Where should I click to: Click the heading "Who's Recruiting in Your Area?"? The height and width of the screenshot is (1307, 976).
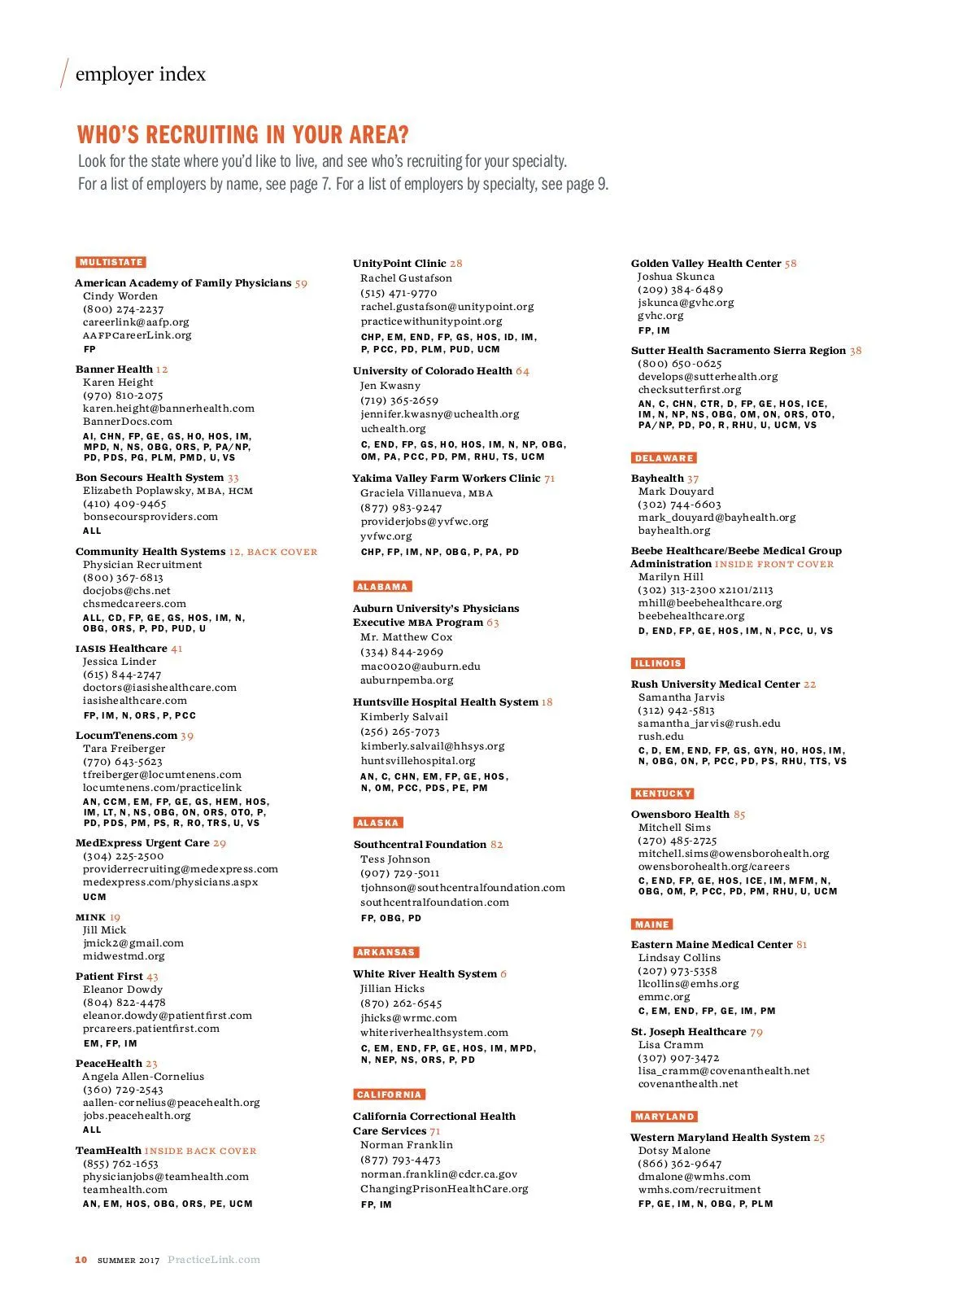(242, 134)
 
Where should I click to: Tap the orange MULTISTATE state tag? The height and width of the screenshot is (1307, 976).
(111, 262)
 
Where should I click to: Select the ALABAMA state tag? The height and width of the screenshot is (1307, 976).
(382, 586)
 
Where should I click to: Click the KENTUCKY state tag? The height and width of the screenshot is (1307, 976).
(663, 793)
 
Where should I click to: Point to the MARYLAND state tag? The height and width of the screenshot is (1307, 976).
(664, 1117)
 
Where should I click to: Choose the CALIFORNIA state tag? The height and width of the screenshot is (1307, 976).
(390, 1095)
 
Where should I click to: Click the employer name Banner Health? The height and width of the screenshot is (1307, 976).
(114, 369)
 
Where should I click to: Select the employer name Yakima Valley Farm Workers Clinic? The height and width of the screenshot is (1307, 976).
(446, 479)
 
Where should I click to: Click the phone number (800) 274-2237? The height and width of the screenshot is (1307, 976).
(123, 309)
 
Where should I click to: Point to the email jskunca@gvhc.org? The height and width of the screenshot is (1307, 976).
(686, 303)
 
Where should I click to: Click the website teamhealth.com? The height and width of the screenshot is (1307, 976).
(124, 1190)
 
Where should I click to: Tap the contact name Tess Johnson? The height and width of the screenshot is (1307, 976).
(395, 859)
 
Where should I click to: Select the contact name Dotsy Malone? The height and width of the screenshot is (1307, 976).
(674, 1151)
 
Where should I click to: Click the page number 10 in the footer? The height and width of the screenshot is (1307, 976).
(81, 1260)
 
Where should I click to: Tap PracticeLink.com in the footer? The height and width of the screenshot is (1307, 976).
(214, 1260)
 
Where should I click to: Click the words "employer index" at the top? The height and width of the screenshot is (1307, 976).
(140, 74)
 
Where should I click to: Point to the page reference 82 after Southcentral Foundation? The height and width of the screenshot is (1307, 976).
(496, 845)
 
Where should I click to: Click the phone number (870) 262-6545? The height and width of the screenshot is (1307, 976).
(401, 1003)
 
